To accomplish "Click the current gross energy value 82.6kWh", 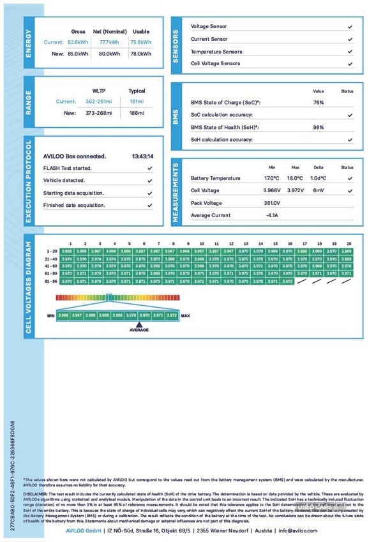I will pyautogui.click(x=78, y=42).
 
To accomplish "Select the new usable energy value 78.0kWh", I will pyautogui.click(x=140, y=54).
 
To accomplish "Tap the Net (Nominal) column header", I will pyautogui.click(x=109, y=31).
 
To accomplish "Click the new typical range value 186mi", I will pyautogui.click(x=137, y=113).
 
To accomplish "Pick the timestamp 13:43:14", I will pyautogui.click(x=142, y=156).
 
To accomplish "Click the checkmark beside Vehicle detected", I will pyautogui.click(x=149, y=181).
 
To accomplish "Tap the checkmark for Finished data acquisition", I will pyautogui.click(x=149, y=206).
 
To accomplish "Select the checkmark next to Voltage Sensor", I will pyautogui.click(x=350, y=27).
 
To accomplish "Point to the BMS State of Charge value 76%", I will pyautogui.click(x=318, y=102).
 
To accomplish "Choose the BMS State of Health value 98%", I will pyautogui.click(x=318, y=127).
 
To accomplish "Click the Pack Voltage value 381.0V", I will pyautogui.click(x=272, y=203).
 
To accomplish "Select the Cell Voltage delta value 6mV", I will pyautogui.click(x=319, y=190).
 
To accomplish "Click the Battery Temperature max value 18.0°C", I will pyautogui.click(x=294, y=178).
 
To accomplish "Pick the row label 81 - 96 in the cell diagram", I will pyautogui.click(x=51, y=281).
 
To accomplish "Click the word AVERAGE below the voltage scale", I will pyautogui.click(x=139, y=330).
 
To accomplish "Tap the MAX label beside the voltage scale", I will pyautogui.click(x=186, y=315).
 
